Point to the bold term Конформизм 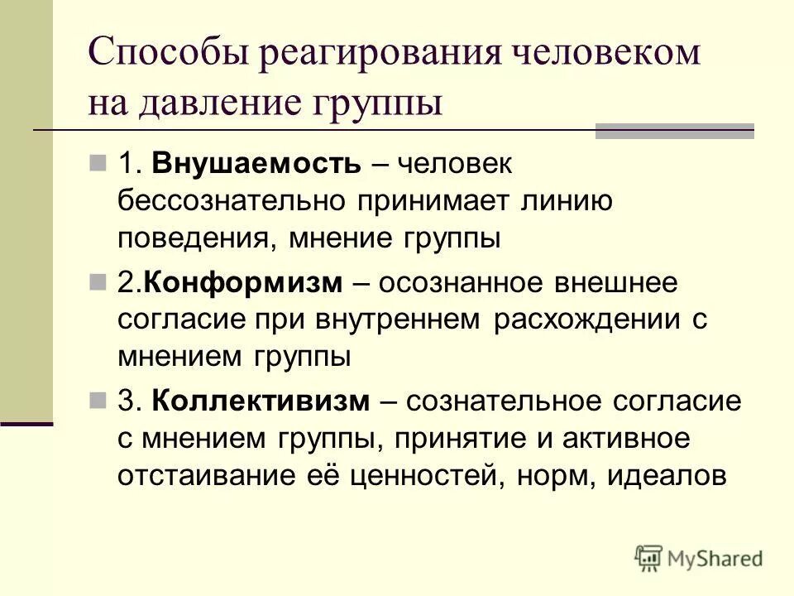[x=242, y=282]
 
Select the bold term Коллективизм [x=261, y=401]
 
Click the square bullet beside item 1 [x=98, y=163]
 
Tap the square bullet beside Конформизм [x=98, y=282]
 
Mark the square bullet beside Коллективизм [x=98, y=401]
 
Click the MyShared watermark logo [x=699, y=559]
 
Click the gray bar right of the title [x=675, y=131]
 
